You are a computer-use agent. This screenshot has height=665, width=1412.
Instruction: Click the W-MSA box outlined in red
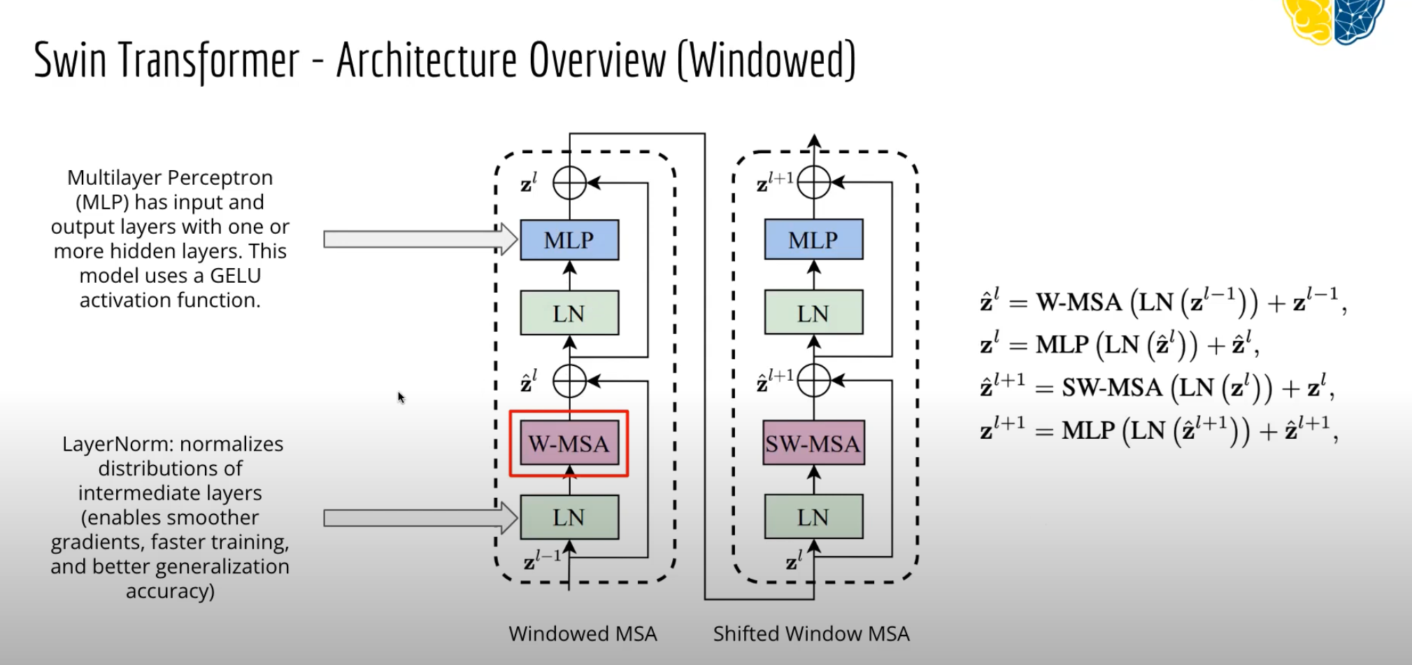coord(569,443)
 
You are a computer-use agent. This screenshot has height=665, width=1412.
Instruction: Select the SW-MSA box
coord(813,443)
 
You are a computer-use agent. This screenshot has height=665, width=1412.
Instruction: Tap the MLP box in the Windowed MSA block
coord(569,240)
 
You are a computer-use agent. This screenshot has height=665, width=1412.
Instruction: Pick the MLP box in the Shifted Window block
coord(813,240)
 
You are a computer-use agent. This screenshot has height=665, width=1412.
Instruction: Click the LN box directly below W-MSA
coord(569,517)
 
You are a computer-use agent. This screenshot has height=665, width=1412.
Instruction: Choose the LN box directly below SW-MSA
coord(813,517)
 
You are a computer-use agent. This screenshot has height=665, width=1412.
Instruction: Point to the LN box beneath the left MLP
coord(569,313)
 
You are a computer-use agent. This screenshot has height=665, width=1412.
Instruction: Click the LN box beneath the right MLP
coord(813,313)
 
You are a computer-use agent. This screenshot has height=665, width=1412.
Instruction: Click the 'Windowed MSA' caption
coord(583,633)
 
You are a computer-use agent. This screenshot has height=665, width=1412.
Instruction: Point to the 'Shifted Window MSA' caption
coord(811,633)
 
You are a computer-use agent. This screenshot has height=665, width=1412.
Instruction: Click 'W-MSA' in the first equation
coord(1078,302)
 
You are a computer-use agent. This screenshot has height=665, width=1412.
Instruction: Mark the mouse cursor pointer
coord(401,398)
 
